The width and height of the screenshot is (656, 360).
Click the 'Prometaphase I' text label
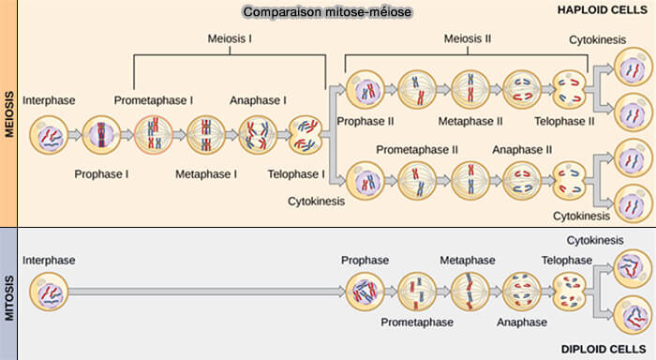coord(154,99)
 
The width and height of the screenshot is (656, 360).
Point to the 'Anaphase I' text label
coord(258,99)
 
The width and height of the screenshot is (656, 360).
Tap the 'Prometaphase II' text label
coord(416,149)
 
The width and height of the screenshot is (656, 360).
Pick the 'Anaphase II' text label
coord(522,149)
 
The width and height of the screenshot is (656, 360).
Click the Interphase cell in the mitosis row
coord(47,292)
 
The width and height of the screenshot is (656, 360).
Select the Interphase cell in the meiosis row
coord(47,135)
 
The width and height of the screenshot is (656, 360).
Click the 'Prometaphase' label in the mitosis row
coord(417,322)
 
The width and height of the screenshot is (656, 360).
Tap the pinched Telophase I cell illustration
coord(305,135)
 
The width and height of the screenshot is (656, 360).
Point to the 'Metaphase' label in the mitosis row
coord(468,260)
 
